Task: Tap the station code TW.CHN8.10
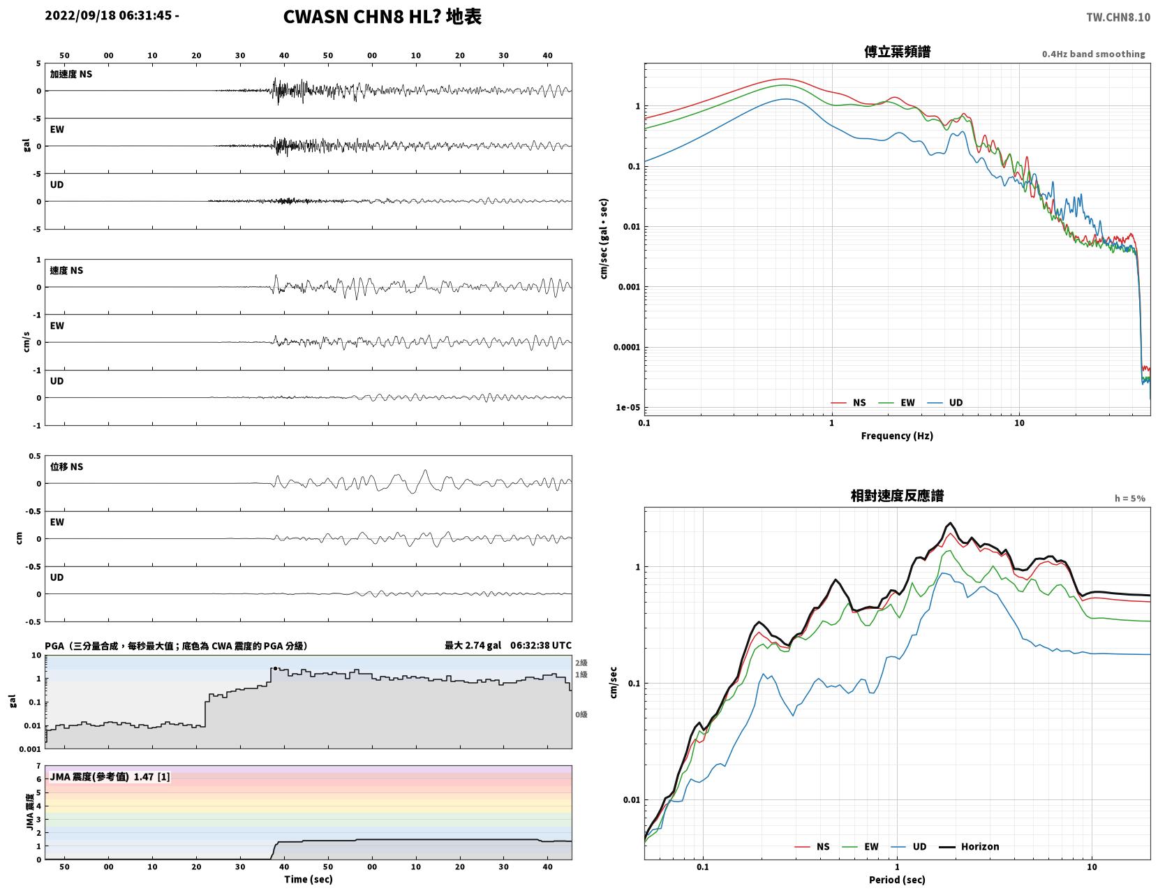(x=1118, y=17)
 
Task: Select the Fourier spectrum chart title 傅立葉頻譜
(x=897, y=52)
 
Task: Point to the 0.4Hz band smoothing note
(x=1093, y=54)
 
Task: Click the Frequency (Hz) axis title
(x=896, y=435)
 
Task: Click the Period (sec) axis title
(x=896, y=879)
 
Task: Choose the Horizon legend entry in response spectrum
(x=968, y=846)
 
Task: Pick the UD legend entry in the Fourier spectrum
(x=945, y=402)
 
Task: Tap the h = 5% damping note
(x=1130, y=499)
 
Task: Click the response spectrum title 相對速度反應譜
(x=896, y=496)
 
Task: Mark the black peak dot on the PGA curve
(x=275, y=668)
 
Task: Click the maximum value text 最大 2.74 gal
(x=473, y=645)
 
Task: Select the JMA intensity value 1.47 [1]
(x=152, y=776)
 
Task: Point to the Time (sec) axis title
(x=308, y=878)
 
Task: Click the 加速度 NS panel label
(x=71, y=74)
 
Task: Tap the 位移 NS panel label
(x=66, y=466)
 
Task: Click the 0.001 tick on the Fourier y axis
(x=629, y=287)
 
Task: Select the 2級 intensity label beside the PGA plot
(x=581, y=663)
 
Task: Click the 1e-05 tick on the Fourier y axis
(x=628, y=407)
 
